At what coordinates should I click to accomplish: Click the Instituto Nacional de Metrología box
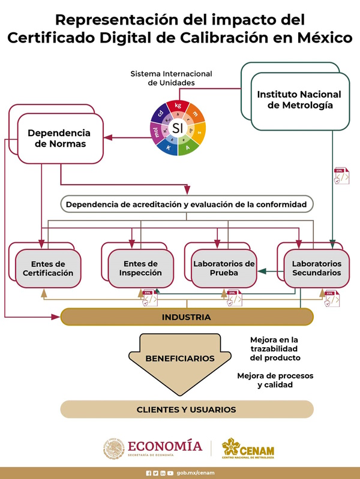(x=299, y=101)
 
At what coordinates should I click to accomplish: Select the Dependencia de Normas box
(x=59, y=138)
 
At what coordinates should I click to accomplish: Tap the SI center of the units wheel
(x=177, y=128)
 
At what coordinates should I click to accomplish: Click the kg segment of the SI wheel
(x=178, y=106)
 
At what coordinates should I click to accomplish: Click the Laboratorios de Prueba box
(x=224, y=268)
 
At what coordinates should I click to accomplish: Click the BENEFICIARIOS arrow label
(x=180, y=359)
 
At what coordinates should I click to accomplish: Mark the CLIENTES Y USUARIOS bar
(x=187, y=409)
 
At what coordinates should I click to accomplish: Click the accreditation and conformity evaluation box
(x=187, y=204)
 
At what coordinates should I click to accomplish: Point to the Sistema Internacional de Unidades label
(x=172, y=78)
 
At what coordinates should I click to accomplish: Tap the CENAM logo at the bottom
(x=248, y=448)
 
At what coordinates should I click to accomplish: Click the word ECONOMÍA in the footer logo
(x=164, y=445)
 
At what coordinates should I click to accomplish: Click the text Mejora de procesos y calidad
(x=275, y=380)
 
